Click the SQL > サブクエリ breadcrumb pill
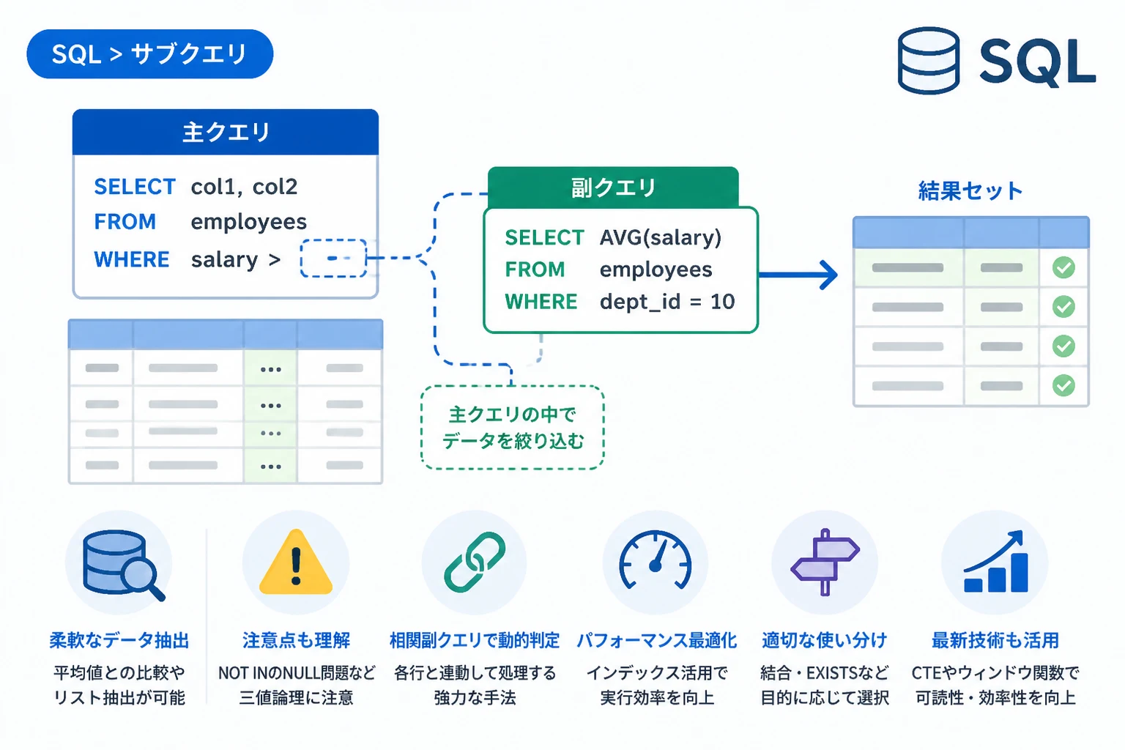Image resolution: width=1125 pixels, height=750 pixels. [x=149, y=53]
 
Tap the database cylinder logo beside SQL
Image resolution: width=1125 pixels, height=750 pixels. [x=928, y=60]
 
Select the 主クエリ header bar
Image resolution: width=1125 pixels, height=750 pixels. [x=226, y=132]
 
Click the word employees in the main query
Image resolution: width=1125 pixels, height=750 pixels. [x=248, y=222]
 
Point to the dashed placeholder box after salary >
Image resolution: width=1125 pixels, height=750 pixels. [x=333, y=259]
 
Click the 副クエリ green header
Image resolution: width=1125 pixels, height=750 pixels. [x=613, y=187]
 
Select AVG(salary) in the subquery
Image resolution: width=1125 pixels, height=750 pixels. [x=661, y=237]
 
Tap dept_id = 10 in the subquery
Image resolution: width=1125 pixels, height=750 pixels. [x=667, y=302]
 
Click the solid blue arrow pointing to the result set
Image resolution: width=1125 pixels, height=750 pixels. [x=798, y=275]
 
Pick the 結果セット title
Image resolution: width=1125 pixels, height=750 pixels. [x=970, y=191]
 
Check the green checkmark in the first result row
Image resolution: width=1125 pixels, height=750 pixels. [x=1063, y=267]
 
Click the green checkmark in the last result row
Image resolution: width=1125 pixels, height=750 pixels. [x=1063, y=386]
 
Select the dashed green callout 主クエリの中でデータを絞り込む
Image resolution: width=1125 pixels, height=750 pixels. [x=512, y=428]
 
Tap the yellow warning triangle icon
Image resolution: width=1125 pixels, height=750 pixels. [x=296, y=562]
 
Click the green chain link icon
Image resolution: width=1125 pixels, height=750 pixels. [x=475, y=562]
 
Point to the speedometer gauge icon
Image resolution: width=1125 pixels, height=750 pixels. [x=656, y=560]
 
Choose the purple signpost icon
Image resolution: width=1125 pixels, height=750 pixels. [x=825, y=562]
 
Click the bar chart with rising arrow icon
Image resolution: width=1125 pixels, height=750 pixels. [x=995, y=562]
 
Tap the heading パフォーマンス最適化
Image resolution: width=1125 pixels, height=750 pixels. [x=656, y=640]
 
